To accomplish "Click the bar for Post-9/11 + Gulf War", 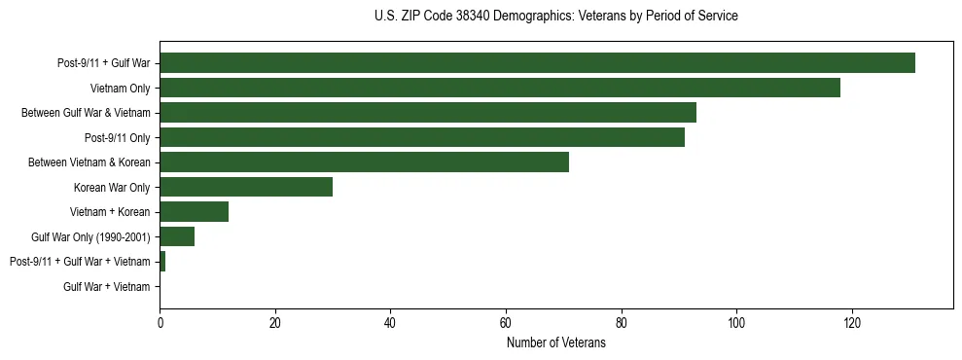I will click(537, 63).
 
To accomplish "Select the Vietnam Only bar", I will click(500, 88).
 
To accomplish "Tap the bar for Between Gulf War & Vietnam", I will click(428, 113).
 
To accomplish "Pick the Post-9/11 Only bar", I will click(422, 137).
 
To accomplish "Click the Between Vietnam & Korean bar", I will click(364, 162).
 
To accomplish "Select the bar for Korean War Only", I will click(246, 187).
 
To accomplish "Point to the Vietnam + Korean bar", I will click(195, 212).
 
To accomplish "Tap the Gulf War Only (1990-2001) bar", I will click(177, 236).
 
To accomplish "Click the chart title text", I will click(555, 17).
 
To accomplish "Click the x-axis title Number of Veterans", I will click(555, 343).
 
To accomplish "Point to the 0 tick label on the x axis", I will click(160, 323).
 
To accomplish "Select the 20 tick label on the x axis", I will click(275, 323).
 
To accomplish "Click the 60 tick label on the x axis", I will click(506, 323).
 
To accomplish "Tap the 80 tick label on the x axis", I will click(621, 323).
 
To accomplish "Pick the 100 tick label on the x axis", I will click(736, 323).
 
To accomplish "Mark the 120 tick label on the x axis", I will click(851, 323).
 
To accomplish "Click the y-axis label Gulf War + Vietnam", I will click(107, 287).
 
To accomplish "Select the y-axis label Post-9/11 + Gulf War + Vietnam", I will click(80, 262).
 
